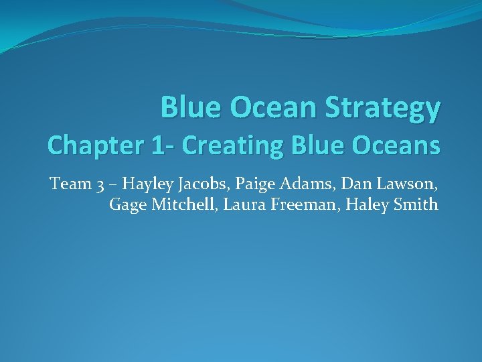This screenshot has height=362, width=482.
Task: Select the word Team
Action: pyautogui.click(x=68, y=183)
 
